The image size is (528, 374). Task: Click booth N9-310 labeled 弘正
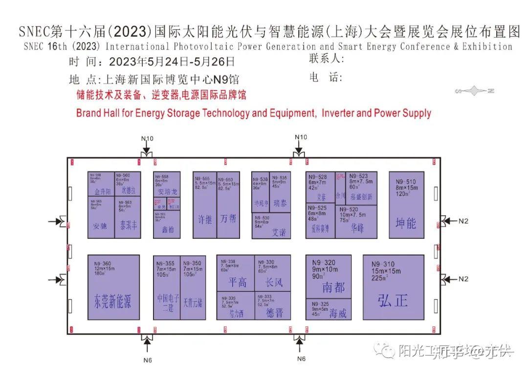(393, 287)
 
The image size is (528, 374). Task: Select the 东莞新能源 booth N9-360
(113, 287)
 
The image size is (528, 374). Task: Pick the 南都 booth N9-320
(329, 277)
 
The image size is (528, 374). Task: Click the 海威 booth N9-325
(329, 309)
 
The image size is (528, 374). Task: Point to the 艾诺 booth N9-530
(271, 226)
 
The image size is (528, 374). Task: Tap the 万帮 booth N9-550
(228, 205)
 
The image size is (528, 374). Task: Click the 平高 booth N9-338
(236, 274)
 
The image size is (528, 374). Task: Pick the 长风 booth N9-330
(273, 274)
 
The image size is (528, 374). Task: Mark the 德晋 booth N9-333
(273, 306)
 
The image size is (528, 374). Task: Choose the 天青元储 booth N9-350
(193, 287)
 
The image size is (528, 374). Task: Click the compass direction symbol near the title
(475, 91)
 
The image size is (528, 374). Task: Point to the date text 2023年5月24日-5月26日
(172, 62)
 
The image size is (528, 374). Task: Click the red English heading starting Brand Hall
(253, 113)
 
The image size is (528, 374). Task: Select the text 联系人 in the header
(327, 59)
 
